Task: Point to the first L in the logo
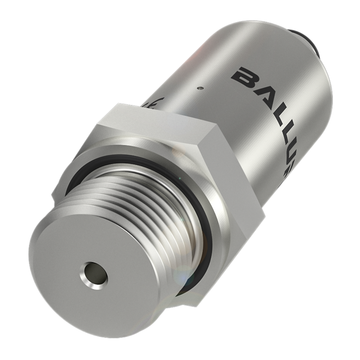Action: (x=275, y=112)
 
